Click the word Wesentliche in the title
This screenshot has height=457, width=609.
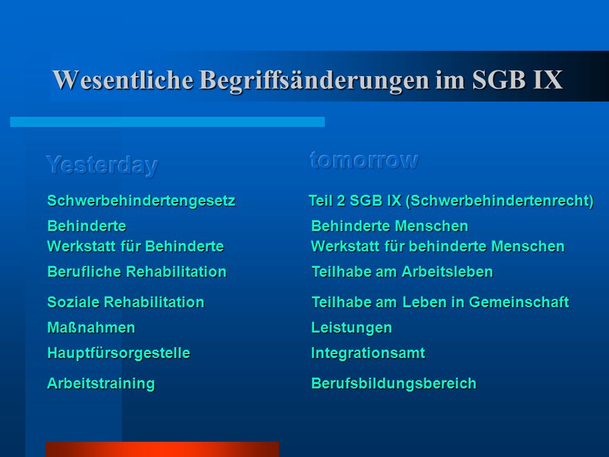click(x=122, y=80)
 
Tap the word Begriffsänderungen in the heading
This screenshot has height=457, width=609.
click(x=314, y=81)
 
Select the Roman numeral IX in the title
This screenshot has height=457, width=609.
click(x=547, y=80)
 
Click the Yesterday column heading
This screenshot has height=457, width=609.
click(x=102, y=165)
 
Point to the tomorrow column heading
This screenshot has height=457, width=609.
click(x=364, y=160)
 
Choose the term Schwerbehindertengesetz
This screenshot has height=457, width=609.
click(x=141, y=201)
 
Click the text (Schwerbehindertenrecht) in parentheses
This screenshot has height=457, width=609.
click(x=499, y=201)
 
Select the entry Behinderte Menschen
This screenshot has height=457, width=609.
click(x=390, y=226)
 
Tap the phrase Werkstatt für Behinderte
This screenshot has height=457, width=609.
click(x=135, y=246)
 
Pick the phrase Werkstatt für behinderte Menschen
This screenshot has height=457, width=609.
click(x=438, y=246)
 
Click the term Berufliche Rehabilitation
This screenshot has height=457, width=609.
click(x=137, y=272)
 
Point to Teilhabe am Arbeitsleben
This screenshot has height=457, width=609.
click(x=402, y=272)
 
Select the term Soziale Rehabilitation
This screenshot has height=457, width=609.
click(x=126, y=302)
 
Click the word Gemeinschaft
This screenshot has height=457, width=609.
click(x=519, y=302)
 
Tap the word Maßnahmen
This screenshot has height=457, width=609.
click(x=91, y=328)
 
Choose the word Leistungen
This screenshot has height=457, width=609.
click(x=351, y=328)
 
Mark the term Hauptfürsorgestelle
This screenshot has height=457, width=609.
click(x=119, y=354)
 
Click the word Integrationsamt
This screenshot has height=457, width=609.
click(x=368, y=354)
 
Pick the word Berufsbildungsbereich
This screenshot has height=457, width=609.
click(x=393, y=383)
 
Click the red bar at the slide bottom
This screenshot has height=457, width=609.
click(x=162, y=449)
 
